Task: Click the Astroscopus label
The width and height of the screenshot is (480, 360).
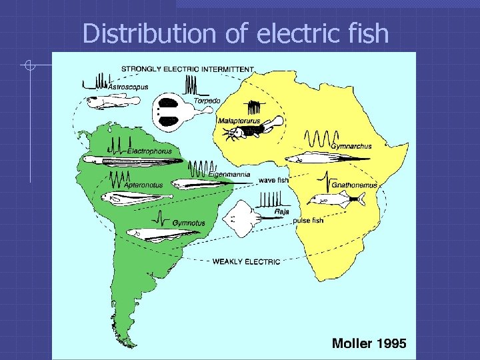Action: tap(129, 87)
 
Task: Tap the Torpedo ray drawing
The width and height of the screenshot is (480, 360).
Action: tap(171, 111)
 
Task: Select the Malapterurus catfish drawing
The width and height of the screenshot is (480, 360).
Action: tap(257, 129)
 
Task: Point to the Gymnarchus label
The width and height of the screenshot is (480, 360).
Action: tap(351, 146)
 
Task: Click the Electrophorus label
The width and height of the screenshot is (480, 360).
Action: tap(149, 151)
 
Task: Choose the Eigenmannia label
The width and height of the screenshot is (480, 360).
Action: tap(229, 175)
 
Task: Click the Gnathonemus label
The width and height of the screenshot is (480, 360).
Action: tap(354, 185)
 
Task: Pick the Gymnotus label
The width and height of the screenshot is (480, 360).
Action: tap(189, 222)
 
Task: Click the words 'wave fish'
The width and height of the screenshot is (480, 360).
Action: tap(273, 180)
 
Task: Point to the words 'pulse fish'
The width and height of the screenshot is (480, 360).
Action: tap(308, 220)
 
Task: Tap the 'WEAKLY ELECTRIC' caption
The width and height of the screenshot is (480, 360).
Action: tap(246, 262)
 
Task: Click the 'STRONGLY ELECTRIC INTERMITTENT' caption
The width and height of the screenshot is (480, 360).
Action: tap(187, 68)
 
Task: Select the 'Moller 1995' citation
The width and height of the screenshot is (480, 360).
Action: tap(369, 344)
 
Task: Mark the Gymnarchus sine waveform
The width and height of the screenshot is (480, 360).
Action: tap(317, 139)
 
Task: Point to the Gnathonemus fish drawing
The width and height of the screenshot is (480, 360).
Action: tap(337, 199)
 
